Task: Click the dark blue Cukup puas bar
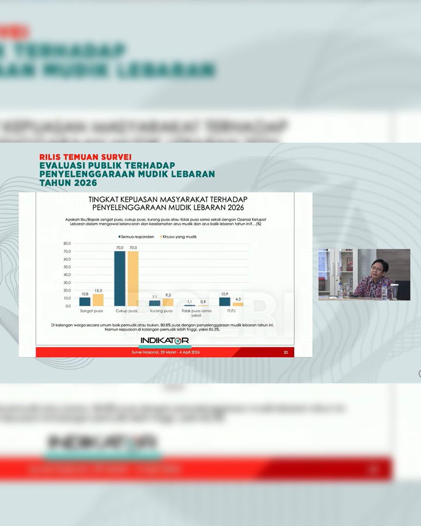[x=120, y=278]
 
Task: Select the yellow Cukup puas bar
[x=133, y=278]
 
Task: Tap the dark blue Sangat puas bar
[x=85, y=302]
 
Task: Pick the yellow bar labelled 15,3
[x=98, y=300]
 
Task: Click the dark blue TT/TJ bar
[x=225, y=302]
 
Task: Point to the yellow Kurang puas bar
[x=168, y=302]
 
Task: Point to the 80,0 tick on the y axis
[x=67, y=243]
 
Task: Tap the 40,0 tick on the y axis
[x=67, y=275]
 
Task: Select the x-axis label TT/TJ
[x=231, y=311]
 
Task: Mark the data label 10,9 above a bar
[x=225, y=294]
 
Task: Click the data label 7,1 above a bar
[x=154, y=297]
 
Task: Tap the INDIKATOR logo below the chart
[x=164, y=341]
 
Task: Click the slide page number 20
[x=285, y=352]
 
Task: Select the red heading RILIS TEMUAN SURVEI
[x=85, y=156]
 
